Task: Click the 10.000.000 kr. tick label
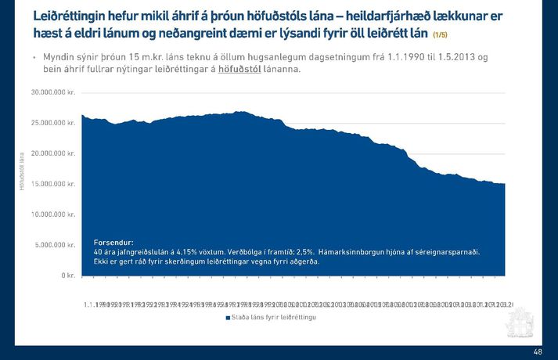tap(53, 214)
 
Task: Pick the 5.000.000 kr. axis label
tap(55, 245)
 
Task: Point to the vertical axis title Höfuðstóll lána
tap(23, 170)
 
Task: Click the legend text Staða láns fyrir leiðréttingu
tap(275, 318)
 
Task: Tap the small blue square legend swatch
tap(228, 318)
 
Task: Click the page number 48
tap(538, 352)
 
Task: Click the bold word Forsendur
tap(113, 243)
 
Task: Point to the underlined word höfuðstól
tap(239, 70)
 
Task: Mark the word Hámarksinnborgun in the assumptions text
tap(353, 252)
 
